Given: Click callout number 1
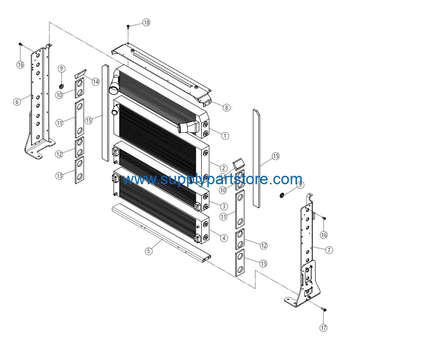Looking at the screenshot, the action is (225, 136).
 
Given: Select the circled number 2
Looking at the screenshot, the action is (224, 168).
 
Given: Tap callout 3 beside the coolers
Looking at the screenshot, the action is (224, 206).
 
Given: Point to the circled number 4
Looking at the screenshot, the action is (224, 238).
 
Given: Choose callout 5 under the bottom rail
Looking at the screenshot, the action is (148, 251).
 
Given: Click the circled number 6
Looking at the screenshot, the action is (17, 101).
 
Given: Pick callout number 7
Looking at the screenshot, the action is (329, 250).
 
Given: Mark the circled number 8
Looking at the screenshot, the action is (227, 108).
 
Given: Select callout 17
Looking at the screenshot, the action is (324, 328).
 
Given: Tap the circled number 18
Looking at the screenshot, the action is (146, 22).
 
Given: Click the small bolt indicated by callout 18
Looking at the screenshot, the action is (128, 27).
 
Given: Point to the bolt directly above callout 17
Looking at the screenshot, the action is (324, 309).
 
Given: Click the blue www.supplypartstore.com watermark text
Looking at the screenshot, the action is (212, 179).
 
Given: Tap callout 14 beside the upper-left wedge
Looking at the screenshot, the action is (96, 82).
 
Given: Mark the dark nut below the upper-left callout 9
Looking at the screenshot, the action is (61, 87).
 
